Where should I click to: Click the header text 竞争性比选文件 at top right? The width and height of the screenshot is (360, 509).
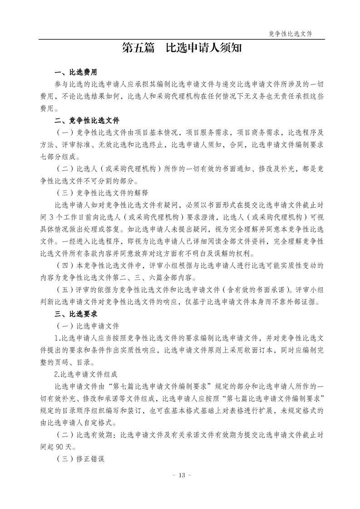(291, 34)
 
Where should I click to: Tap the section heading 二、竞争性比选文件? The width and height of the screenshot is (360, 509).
(87, 121)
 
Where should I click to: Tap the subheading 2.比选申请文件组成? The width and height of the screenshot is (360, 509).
(86, 375)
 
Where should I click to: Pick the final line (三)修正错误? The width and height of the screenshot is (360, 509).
(79, 459)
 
